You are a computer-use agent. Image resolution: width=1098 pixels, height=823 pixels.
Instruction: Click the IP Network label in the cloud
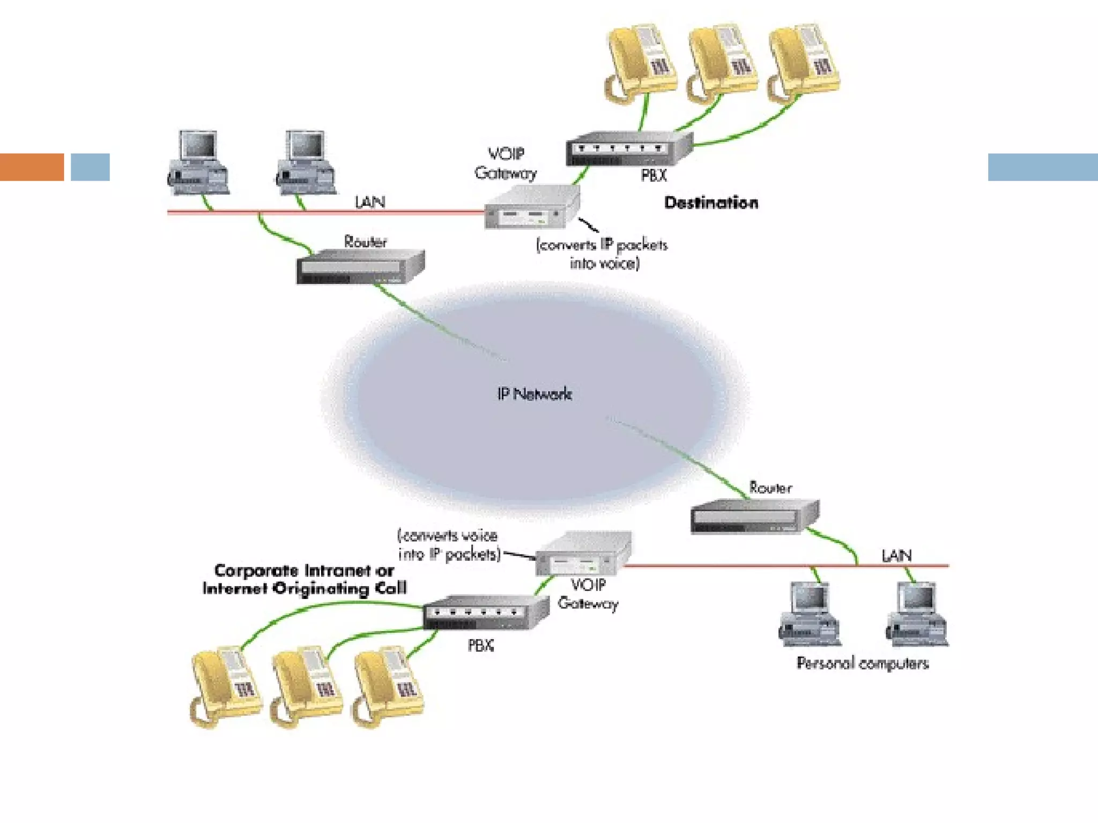pyautogui.click(x=534, y=394)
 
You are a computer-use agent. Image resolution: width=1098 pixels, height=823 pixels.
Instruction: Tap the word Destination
pyautogui.click(x=711, y=203)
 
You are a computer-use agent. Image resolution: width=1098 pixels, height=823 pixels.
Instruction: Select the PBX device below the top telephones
pyautogui.click(x=628, y=149)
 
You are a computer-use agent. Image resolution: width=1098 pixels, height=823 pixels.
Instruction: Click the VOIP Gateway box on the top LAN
pyautogui.click(x=531, y=208)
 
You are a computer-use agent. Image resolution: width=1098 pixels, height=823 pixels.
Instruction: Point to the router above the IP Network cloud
pyautogui.click(x=360, y=266)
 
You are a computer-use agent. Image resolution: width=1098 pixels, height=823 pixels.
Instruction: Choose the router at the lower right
pyautogui.click(x=754, y=517)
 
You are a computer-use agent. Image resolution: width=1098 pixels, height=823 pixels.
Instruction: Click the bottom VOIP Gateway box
pyautogui.click(x=583, y=554)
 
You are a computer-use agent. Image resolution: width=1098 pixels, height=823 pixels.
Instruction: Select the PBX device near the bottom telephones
pyautogui.click(x=485, y=612)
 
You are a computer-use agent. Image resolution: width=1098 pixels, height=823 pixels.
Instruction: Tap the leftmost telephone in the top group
pyautogui.click(x=640, y=62)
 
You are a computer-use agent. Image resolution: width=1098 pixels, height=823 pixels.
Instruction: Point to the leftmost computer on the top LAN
pyautogui.click(x=198, y=162)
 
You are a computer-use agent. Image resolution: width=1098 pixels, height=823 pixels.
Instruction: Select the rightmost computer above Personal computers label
pyautogui.click(x=917, y=615)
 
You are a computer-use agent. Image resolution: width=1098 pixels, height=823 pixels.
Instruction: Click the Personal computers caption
pyautogui.click(x=862, y=663)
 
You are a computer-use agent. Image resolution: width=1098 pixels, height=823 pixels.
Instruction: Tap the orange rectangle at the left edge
pyautogui.click(x=32, y=167)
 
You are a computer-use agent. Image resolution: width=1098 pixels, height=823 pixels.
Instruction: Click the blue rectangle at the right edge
pyautogui.click(x=1042, y=167)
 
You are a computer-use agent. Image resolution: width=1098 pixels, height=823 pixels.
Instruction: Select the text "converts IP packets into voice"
pyautogui.click(x=602, y=254)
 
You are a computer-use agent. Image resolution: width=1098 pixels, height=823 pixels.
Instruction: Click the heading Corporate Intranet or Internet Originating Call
pyautogui.click(x=304, y=579)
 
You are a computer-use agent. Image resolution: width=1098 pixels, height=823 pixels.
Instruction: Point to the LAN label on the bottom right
pyautogui.click(x=896, y=556)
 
